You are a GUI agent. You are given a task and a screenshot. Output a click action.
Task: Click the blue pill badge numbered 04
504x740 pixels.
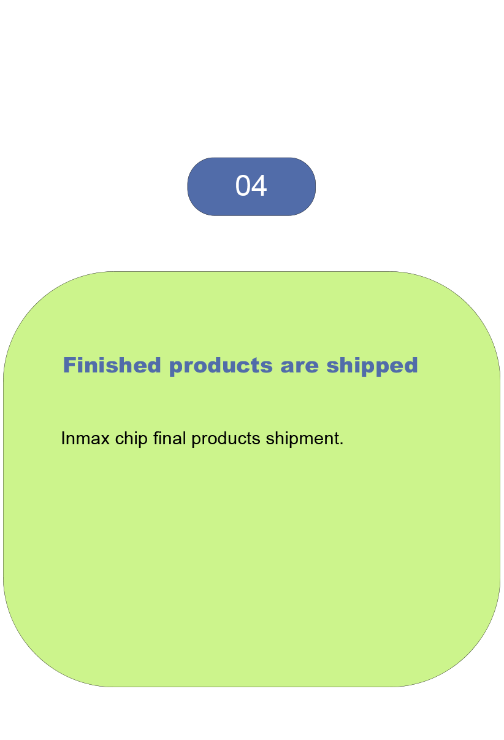click(x=251, y=187)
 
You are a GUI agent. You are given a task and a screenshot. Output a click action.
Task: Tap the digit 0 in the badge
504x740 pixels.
click(x=243, y=186)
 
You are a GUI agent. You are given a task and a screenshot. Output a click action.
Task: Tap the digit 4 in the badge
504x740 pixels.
click(x=259, y=186)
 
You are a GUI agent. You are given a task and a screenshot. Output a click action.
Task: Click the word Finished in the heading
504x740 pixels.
click(x=112, y=365)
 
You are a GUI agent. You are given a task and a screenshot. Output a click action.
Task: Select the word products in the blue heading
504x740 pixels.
click(x=221, y=366)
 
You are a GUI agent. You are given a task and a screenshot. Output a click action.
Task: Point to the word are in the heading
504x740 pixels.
click(x=299, y=368)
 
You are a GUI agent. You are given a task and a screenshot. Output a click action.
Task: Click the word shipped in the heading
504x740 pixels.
click(x=372, y=366)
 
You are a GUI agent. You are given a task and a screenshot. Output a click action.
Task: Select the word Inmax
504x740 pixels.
click(x=85, y=439)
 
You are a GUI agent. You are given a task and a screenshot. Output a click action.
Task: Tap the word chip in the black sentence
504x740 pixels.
click(x=131, y=439)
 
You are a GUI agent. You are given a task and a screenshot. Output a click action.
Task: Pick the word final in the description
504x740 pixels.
click(x=170, y=438)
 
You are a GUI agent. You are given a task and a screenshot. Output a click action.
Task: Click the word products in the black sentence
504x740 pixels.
click(x=226, y=439)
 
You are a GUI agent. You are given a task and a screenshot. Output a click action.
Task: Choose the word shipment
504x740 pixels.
click(x=302, y=439)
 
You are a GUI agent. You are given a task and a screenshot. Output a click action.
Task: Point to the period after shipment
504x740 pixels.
click(x=342, y=444)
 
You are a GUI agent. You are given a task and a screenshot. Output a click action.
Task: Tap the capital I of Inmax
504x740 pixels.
click(x=63, y=438)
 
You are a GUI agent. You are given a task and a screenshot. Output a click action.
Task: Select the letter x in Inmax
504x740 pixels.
click(x=104, y=441)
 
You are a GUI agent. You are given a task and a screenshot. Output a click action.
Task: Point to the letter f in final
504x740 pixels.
click(x=156, y=438)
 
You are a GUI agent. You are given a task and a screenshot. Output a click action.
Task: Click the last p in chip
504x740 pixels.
click(x=143, y=442)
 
